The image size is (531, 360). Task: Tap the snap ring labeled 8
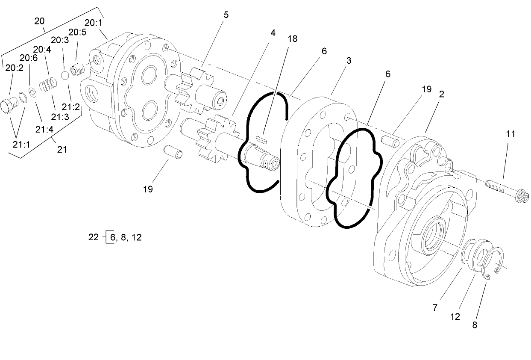tap(495, 263)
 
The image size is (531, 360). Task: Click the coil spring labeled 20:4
tap(47, 84)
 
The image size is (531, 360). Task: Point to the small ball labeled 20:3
tap(65, 75)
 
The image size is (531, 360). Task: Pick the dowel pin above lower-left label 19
tap(174, 151)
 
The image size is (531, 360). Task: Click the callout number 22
tap(94, 237)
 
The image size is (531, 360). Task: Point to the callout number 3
tap(349, 61)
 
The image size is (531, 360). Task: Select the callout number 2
tap(441, 94)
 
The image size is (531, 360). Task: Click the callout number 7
tap(434, 307)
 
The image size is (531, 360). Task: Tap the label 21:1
tap(21, 145)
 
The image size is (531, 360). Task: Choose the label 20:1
tap(94, 23)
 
